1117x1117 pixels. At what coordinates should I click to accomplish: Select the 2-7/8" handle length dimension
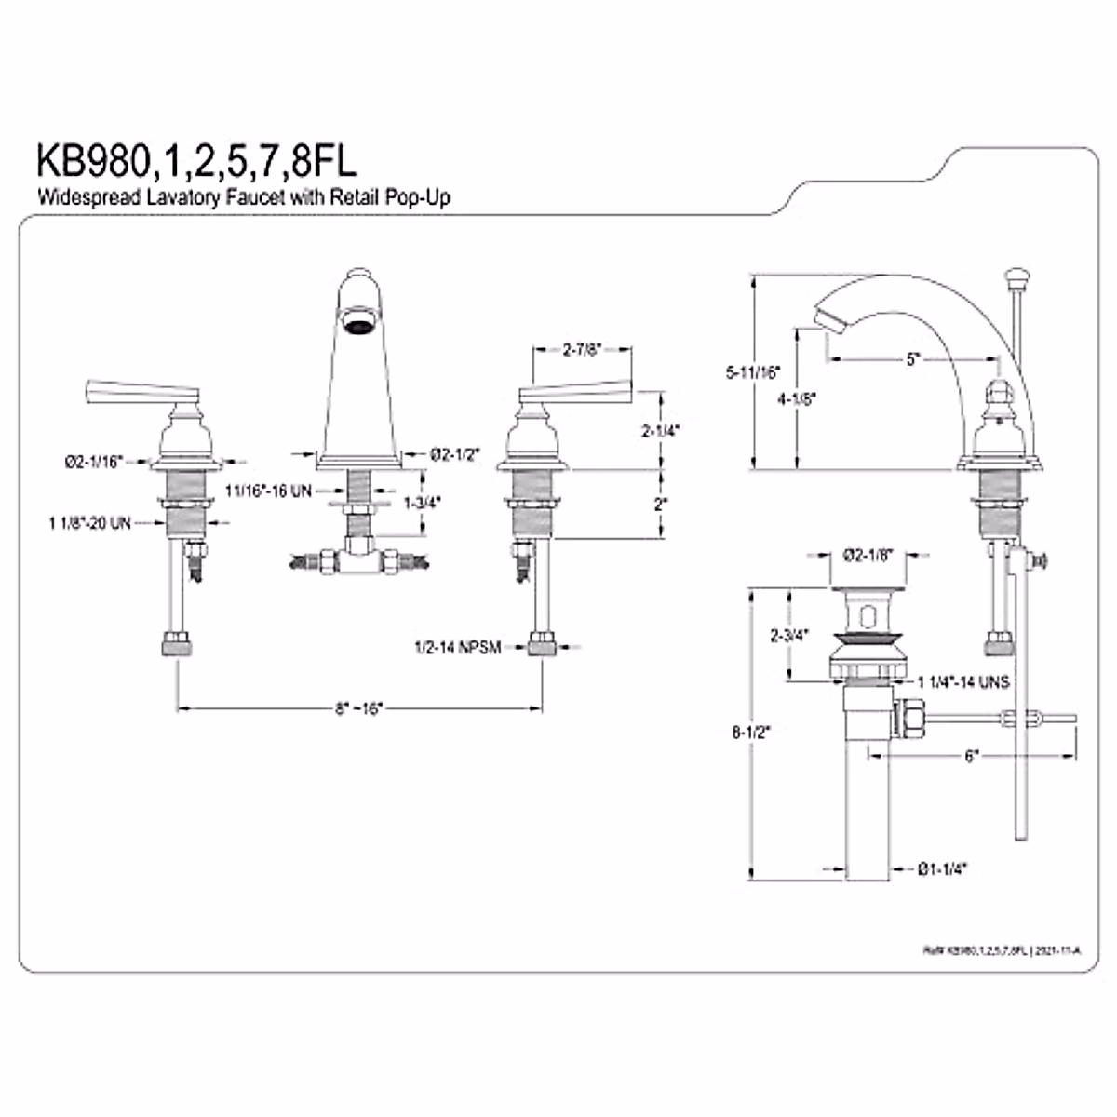click(x=583, y=350)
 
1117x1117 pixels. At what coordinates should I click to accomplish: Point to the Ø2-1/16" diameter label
click(x=93, y=461)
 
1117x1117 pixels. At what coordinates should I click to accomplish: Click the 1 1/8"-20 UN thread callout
click(x=89, y=524)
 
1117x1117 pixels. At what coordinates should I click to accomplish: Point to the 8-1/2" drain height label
click(x=751, y=732)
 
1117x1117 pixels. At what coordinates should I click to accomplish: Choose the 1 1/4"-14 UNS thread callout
click(x=962, y=682)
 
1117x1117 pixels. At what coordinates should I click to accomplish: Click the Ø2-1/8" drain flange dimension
click(x=868, y=555)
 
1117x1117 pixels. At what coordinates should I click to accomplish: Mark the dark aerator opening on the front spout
click(x=357, y=324)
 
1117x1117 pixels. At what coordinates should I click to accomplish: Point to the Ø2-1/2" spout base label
click(x=453, y=453)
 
